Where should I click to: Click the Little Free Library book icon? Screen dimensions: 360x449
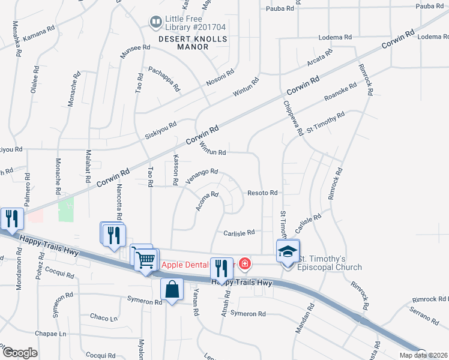click(x=155, y=23)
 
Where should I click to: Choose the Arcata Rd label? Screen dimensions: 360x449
click(x=319, y=61)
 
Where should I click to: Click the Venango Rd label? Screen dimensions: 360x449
click(x=201, y=176)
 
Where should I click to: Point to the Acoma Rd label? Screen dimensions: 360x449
click(x=206, y=201)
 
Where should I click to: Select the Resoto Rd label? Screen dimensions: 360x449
click(x=262, y=193)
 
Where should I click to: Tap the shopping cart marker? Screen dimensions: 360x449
click(x=145, y=260)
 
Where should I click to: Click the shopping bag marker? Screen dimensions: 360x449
click(x=172, y=289)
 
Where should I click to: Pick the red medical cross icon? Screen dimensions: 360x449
click(x=244, y=263)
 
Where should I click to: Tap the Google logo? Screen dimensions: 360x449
click(x=20, y=352)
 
